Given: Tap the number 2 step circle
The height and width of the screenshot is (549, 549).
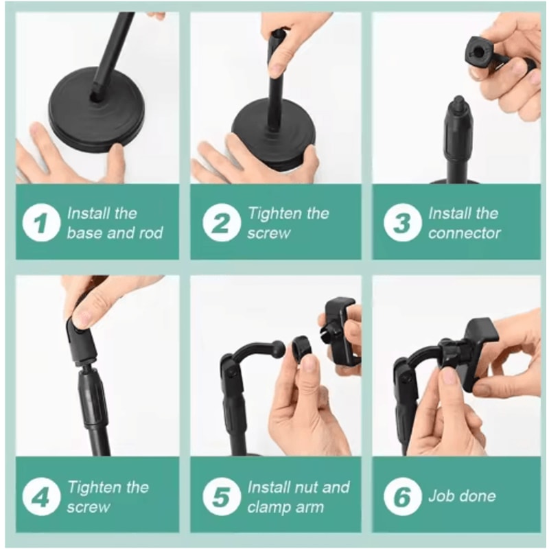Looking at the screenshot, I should coord(221,223).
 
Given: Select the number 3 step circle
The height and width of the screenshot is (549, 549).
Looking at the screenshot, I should coord(402,223).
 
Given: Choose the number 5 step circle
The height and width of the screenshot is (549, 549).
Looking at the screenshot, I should coord(221,498).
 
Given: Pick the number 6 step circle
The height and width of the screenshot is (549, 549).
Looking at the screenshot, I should coord(402,498).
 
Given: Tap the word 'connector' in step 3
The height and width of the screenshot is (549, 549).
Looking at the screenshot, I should coord(465,233).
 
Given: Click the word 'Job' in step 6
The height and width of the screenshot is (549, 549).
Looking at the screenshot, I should coord(443,495).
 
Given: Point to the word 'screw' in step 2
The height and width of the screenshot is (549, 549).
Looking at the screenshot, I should coord(270,233).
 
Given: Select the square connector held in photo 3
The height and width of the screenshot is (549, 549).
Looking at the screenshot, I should coord(480,51).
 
